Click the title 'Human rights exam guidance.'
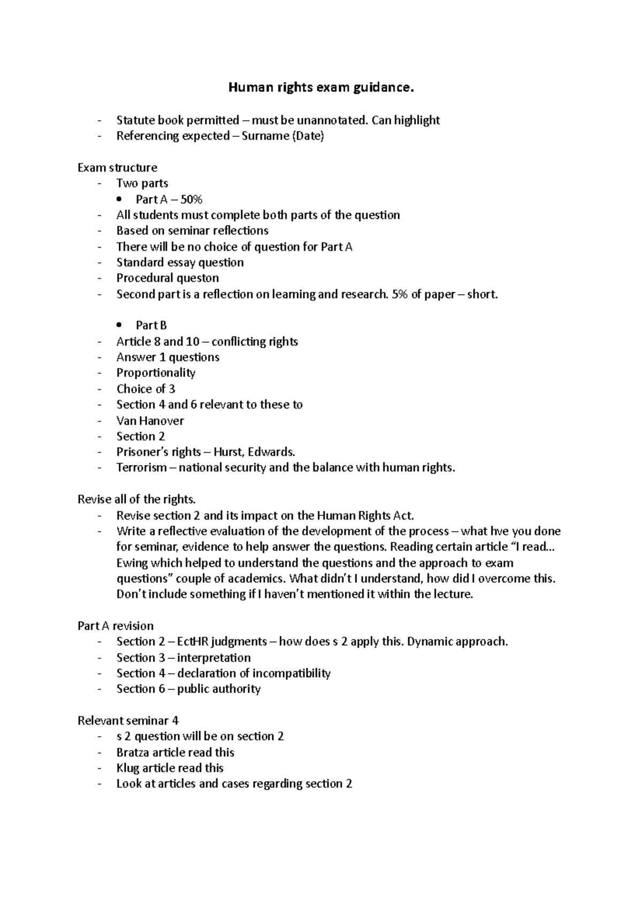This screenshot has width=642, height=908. tap(321, 88)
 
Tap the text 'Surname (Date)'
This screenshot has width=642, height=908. tap(283, 136)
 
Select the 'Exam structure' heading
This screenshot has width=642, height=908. tap(117, 167)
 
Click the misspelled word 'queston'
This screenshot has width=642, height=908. tap(198, 278)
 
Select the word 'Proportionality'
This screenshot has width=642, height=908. tap(156, 373)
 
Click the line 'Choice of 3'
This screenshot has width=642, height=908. tap(146, 389)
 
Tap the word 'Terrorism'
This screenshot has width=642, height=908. tap(142, 468)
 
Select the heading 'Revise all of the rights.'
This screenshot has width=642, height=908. tap(137, 499)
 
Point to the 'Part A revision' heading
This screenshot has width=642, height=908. tap(116, 626)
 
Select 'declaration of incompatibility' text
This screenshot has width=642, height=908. tap(254, 673)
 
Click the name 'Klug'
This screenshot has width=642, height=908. tap(128, 768)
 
